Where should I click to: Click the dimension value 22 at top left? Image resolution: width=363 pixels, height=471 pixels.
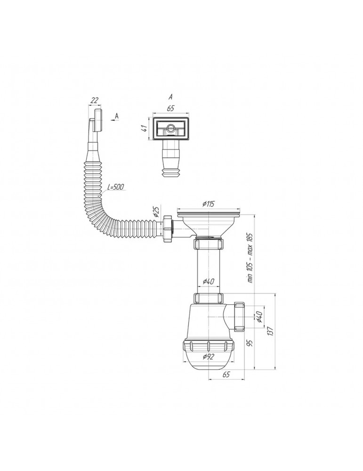tap(94, 101)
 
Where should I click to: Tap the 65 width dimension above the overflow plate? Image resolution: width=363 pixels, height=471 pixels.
tap(170, 108)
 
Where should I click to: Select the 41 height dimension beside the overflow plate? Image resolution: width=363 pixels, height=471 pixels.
tap(145, 128)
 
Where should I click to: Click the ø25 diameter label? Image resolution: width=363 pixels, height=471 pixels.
tap(156, 212)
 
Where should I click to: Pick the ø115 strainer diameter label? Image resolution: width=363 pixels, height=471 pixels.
tap(208, 204)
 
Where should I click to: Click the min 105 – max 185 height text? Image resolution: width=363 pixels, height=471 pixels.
tap(250, 258)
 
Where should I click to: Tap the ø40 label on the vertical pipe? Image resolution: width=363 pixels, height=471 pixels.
tap(208, 282)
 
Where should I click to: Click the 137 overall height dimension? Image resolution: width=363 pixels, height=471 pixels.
tap(271, 331)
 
